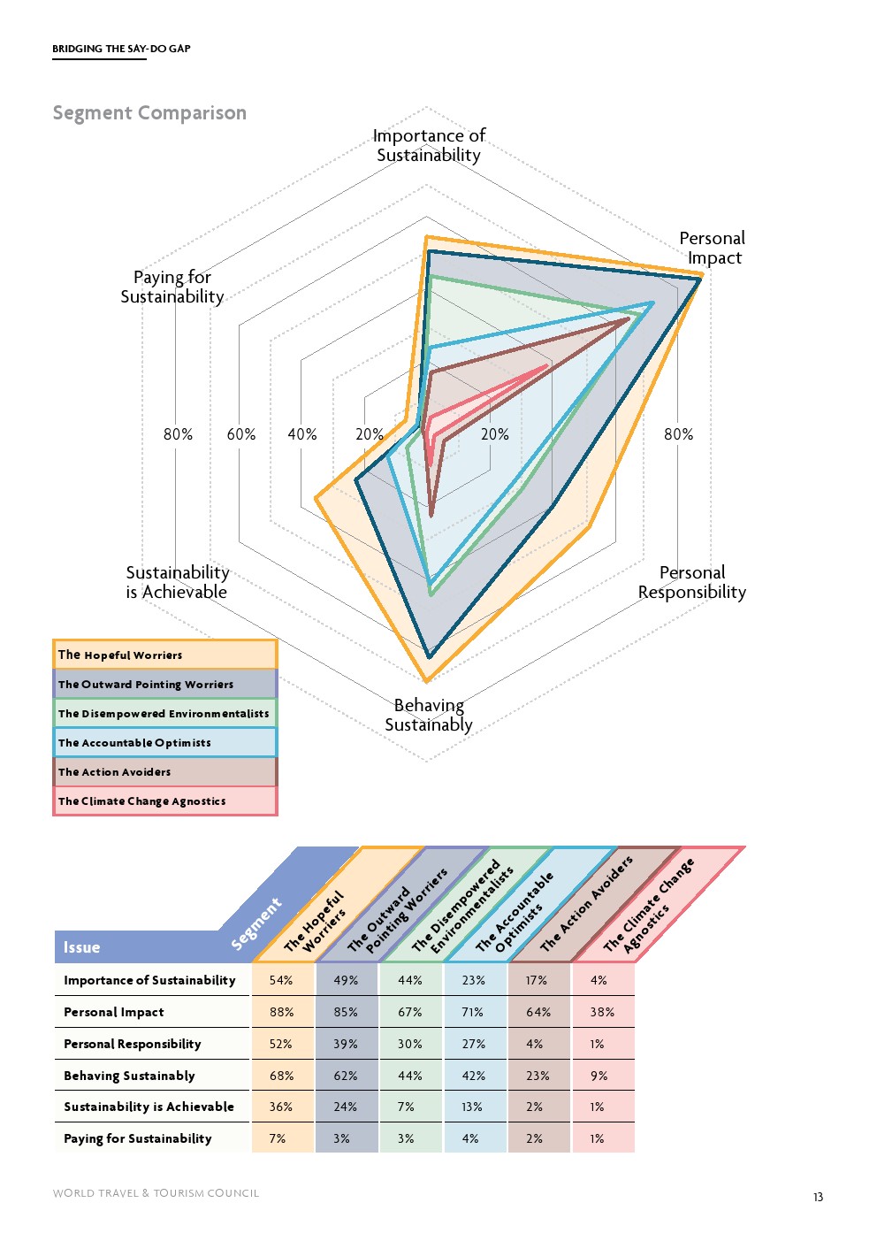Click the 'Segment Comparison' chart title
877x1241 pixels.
149,113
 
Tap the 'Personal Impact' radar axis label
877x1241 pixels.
713,249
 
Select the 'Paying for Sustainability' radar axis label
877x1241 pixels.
172,287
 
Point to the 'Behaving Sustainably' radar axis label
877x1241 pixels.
429,716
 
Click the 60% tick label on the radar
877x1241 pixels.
241,434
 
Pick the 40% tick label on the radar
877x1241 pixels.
302,434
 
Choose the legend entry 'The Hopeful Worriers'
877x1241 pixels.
164,655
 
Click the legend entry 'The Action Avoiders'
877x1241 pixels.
164,772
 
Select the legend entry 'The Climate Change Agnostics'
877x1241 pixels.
164,801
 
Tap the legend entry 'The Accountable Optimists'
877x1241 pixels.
164,743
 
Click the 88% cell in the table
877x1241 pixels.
282,1012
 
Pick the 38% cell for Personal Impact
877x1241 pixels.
602,1012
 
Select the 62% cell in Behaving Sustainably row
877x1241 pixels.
346,1076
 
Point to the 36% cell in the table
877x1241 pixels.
281,1107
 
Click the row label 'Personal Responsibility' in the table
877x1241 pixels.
133,1044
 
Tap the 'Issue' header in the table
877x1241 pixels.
81,947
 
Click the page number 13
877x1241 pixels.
818,1197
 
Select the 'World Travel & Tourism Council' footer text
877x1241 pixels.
156,1193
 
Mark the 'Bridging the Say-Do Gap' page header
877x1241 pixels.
121,49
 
